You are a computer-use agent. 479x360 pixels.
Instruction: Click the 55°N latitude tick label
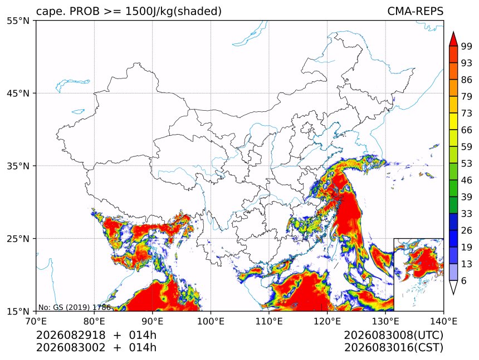click(x=18, y=21)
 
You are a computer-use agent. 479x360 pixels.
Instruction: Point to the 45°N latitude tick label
click(x=18, y=93)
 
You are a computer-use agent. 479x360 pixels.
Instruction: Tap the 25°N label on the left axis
click(x=18, y=238)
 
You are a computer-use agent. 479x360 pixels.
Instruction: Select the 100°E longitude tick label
click(x=211, y=321)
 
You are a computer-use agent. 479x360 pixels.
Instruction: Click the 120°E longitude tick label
click(x=327, y=321)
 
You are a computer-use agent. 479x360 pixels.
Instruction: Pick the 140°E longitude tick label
click(x=443, y=321)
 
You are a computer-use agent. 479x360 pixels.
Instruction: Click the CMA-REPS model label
click(x=415, y=11)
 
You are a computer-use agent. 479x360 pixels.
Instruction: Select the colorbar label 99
click(x=467, y=46)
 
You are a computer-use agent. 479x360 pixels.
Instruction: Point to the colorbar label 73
click(x=467, y=113)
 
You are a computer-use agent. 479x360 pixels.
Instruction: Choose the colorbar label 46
click(x=467, y=180)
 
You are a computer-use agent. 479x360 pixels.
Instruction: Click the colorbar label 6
click(x=464, y=280)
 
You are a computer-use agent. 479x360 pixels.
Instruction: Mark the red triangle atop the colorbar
click(x=453, y=39)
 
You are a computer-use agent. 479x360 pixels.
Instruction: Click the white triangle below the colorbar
click(x=453, y=288)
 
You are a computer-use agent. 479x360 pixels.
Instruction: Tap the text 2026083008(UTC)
click(x=393, y=336)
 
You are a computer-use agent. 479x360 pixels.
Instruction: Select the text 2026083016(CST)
click(x=393, y=348)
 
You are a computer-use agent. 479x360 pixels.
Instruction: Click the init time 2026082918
click(x=71, y=335)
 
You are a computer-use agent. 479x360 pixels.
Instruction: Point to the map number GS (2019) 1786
click(x=80, y=307)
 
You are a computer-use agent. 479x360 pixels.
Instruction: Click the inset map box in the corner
click(x=394, y=274)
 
